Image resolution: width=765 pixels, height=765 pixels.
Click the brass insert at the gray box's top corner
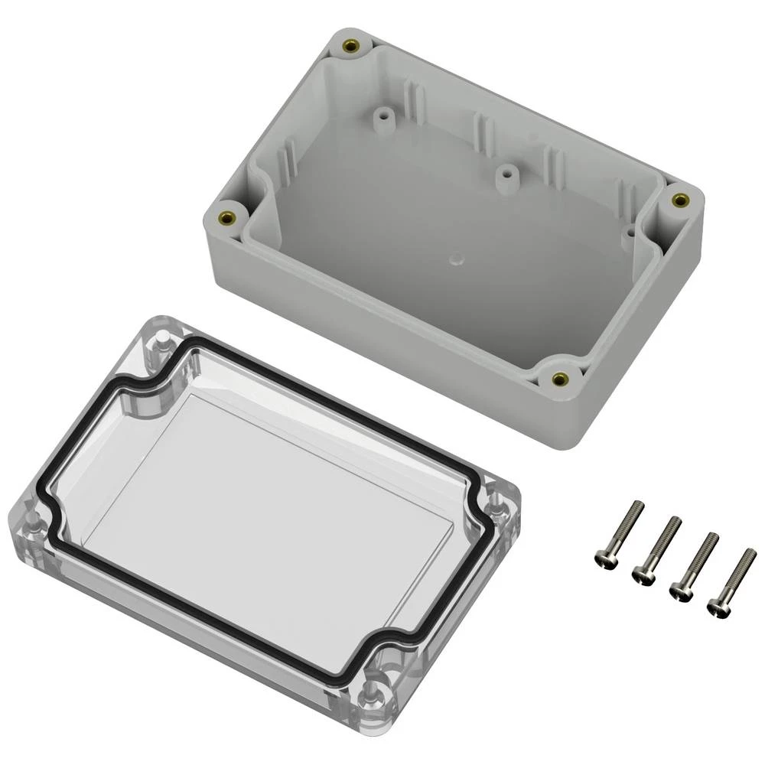coord(350,47)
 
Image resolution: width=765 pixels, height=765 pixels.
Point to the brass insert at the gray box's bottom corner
coord(559,378)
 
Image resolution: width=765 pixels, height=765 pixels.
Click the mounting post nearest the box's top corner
coord(380,120)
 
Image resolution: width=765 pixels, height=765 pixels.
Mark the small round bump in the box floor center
coord(456,259)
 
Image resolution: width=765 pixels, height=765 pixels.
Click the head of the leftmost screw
coord(604,559)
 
